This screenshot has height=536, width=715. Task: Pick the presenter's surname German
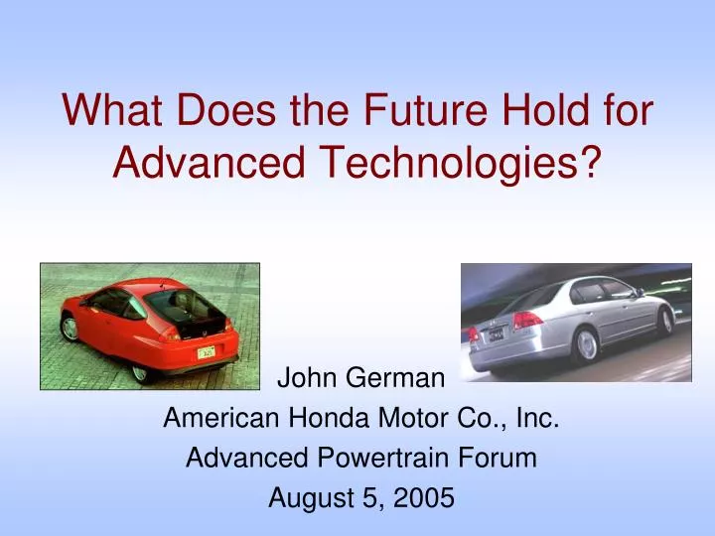click(x=404, y=378)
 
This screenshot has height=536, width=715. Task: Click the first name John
click(x=307, y=378)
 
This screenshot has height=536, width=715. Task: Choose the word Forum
click(x=501, y=458)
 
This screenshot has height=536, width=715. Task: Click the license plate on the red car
click(x=207, y=351)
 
